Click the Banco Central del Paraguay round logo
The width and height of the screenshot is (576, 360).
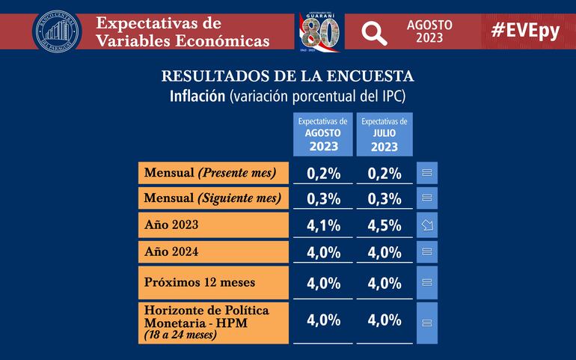pos(57,31)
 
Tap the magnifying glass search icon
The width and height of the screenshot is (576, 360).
pos(373,31)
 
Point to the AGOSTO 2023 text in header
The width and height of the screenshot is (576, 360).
pos(429,31)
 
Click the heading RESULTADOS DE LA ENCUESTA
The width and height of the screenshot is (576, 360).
pos(288,76)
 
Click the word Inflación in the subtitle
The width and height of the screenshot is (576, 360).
pos(197,97)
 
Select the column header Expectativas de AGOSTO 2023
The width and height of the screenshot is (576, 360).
pos(323,134)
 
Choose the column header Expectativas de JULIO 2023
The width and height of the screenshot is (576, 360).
pos(384,134)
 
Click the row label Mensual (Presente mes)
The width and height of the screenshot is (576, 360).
pos(213,173)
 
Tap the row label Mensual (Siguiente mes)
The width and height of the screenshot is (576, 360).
pos(213,198)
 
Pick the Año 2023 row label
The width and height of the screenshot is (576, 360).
pos(213,225)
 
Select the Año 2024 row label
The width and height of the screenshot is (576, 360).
pos(213,251)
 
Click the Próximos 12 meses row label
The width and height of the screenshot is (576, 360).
pos(213,282)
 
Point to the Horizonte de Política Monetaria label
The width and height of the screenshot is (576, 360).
pos(213,322)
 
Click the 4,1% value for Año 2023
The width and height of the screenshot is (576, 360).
pos(323,225)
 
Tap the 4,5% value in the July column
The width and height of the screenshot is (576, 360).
pos(384,225)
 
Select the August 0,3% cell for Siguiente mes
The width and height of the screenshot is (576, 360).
pos(323,199)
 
